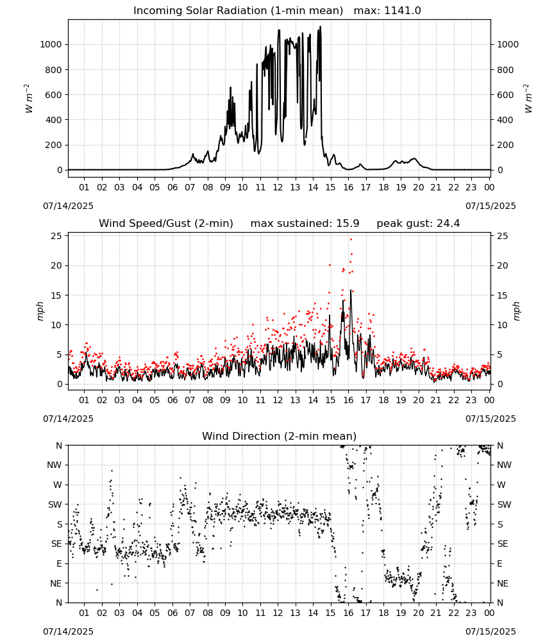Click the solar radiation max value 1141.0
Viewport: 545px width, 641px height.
click(x=402, y=11)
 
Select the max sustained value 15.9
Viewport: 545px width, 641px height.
click(x=348, y=224)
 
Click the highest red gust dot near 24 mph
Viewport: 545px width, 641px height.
click(x=351, y=240)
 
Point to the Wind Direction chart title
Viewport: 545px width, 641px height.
click(x=280, y=436)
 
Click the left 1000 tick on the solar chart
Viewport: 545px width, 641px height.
click(x=51, y=45)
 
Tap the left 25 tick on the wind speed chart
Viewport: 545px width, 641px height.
click(x=56, y=236)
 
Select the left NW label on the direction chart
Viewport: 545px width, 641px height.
click(x=55, y=465)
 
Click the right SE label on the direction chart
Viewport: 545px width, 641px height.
click(x=503, y=544)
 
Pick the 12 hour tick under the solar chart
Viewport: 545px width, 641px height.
click(x=278, y=187)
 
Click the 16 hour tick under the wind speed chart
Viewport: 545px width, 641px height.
click(x=348, y=400)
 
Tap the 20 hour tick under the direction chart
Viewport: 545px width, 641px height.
click(x=418, y=613)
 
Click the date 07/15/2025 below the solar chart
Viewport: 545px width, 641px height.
click(x=491, y=206)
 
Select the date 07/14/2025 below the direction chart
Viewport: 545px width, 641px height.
click(x=68, y=631)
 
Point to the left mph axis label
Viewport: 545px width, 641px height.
click(x=40, y=311)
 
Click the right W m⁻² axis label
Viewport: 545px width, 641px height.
click(x=528, y=99)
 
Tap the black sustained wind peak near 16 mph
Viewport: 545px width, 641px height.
click(x=350, y=290)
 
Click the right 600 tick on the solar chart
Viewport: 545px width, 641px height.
click(x=505, y=95)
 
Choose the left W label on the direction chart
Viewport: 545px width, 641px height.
click(x=58, y=485)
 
